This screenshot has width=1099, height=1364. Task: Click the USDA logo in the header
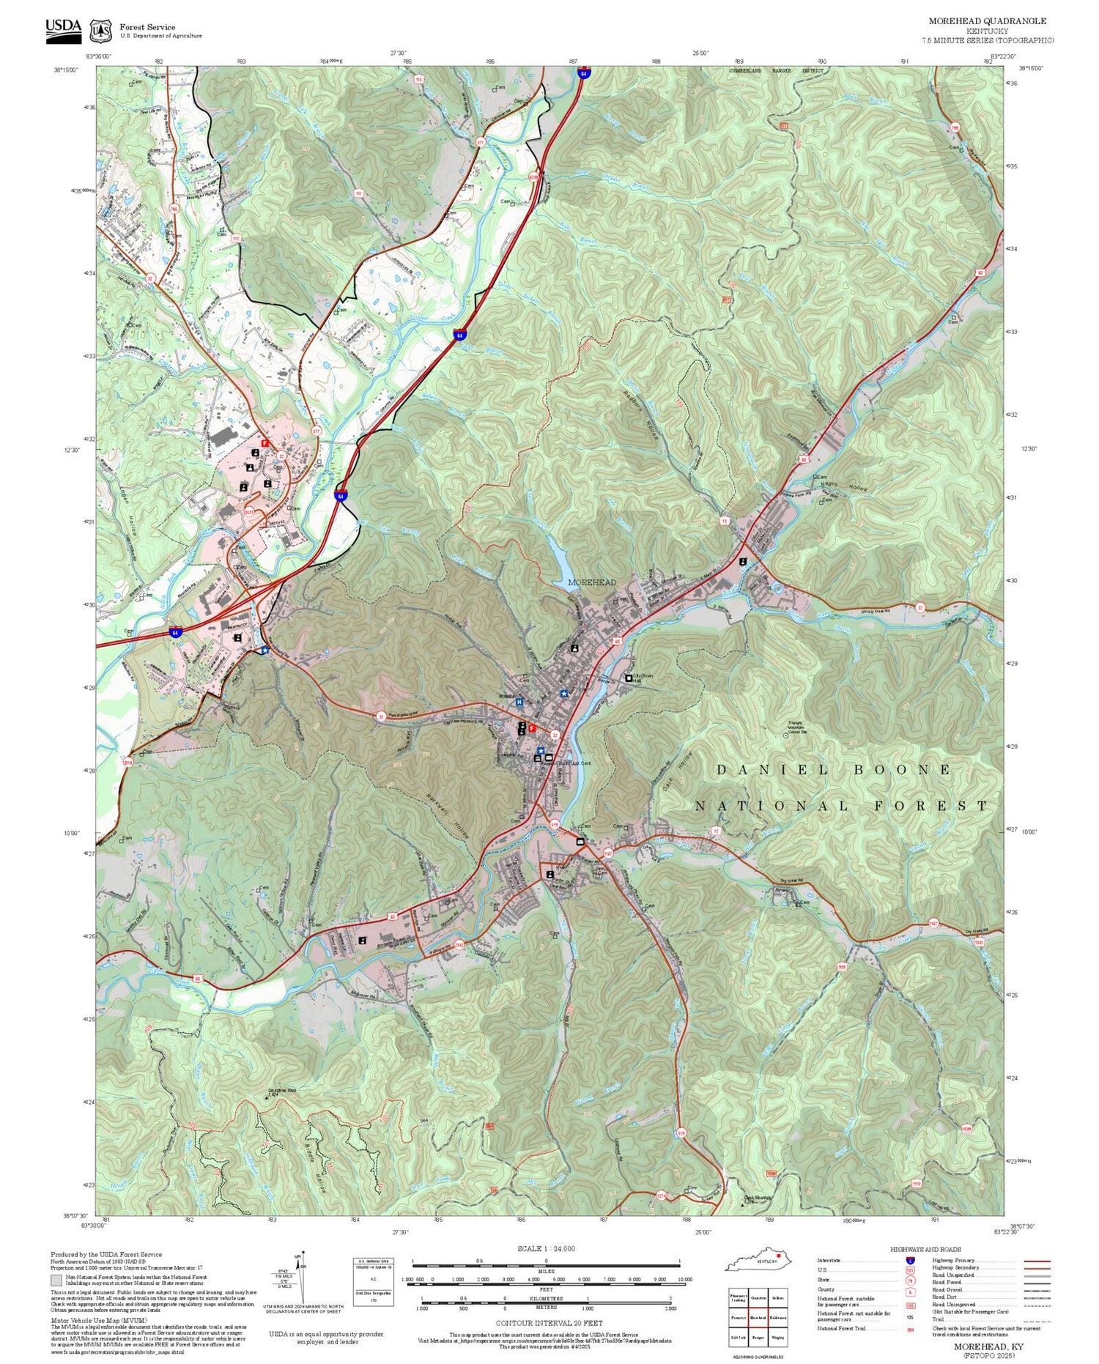pos(63,30)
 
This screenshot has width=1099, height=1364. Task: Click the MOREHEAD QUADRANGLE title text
pos(987,21)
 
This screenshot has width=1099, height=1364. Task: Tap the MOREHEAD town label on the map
pos(592,582)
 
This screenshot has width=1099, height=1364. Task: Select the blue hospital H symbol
pos(519,702)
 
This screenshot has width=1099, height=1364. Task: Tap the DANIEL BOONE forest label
pos(834,770)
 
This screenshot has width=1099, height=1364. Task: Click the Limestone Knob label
pos(286,1091)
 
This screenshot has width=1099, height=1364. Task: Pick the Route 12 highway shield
pos(716,831)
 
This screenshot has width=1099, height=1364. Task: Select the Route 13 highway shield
pos(725,521)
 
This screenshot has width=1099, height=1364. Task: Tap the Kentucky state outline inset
pos(760,1261)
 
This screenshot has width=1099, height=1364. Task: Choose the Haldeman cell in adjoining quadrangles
pos(777,1318)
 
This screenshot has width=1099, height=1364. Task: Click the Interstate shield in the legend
pos(910,1261)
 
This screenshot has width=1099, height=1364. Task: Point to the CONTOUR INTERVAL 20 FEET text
pos(549,1323)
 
